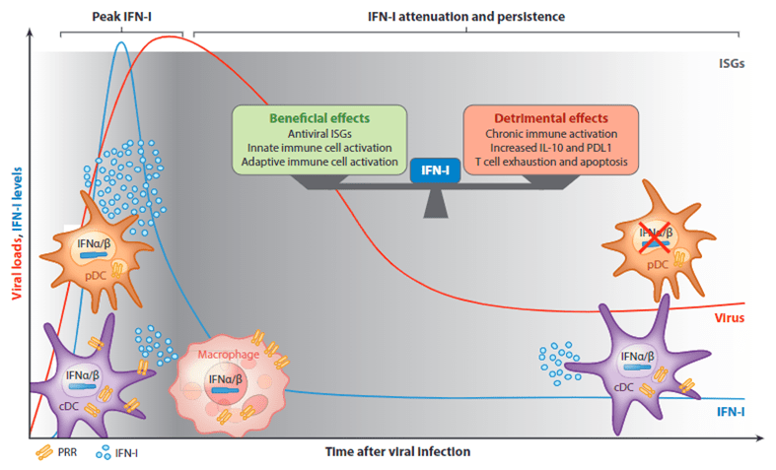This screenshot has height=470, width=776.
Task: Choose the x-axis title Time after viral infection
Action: click(x=397, y=451)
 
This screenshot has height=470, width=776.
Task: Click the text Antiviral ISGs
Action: click(x=319, y=133)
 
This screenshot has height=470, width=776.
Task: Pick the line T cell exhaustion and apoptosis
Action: click(x=550, y=161)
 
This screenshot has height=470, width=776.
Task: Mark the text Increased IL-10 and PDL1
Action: click(x=550, y=147)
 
